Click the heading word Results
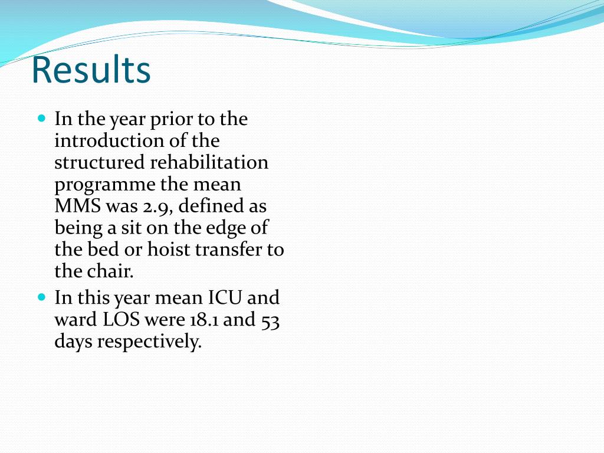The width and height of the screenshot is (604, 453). tap(91, 70)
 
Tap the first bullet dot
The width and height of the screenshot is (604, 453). tap(41, 118)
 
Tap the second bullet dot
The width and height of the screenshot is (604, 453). tap(41, 296)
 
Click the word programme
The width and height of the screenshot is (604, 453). tap(105, 185)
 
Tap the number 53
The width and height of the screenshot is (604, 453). tap(270, 319)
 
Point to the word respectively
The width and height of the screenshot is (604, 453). tap(149, 342)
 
